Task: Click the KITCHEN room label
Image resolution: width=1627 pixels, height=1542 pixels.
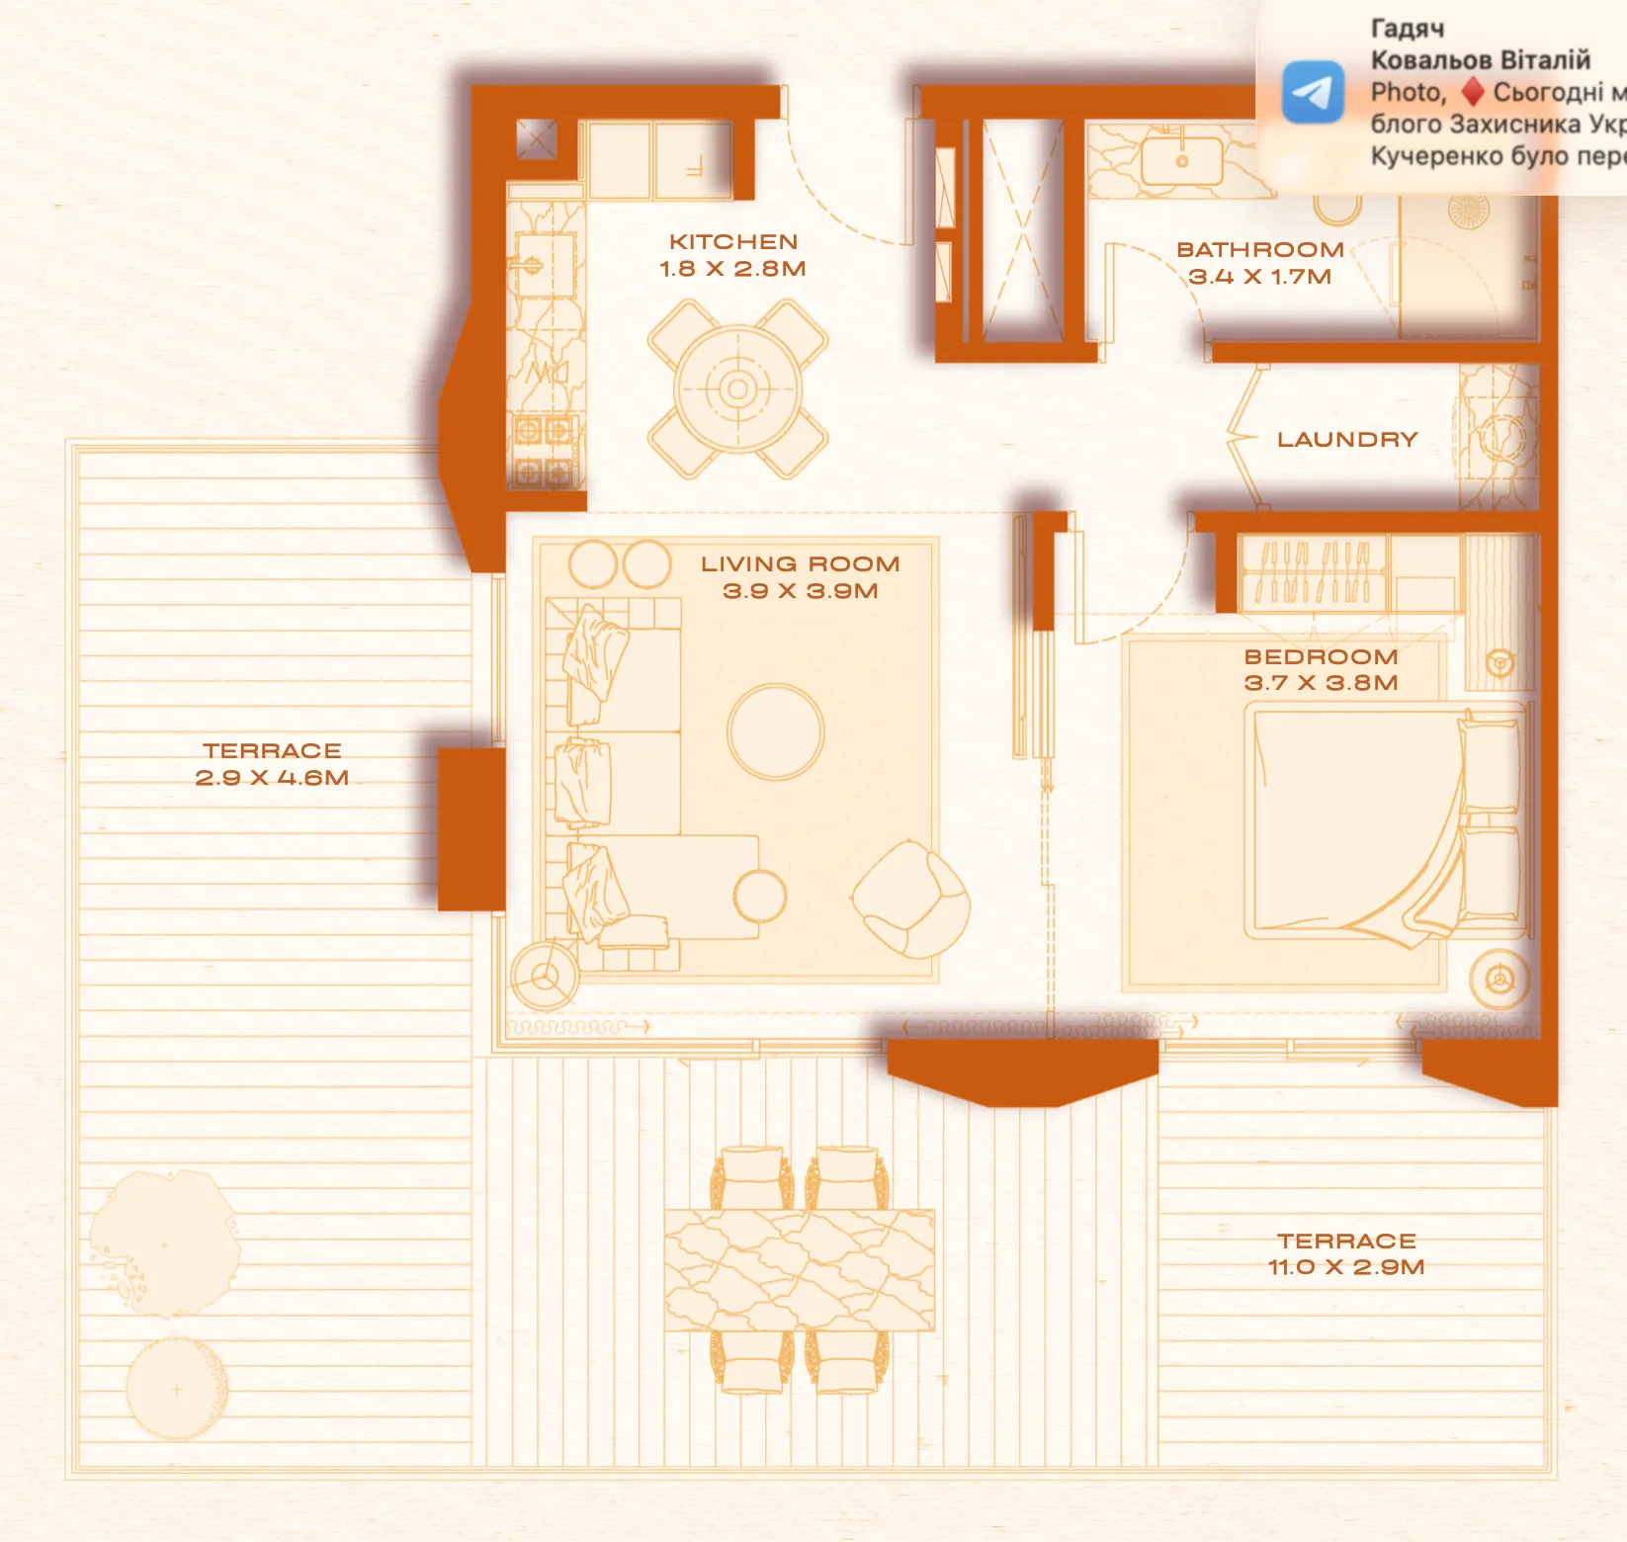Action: tap(733, 242)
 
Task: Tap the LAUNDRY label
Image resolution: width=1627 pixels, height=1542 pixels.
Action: tap(1347, 440)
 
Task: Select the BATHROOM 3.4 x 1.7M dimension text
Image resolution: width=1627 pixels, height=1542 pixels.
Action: tap(1260, 277)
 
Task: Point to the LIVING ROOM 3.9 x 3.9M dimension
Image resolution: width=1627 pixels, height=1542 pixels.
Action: tap(801, 591)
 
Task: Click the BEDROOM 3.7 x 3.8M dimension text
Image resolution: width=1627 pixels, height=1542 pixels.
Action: tap(1322, 683)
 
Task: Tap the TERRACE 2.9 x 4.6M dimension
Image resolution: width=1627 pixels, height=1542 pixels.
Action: tap(272, 778)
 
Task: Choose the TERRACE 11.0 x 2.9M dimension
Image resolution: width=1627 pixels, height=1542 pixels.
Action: tap(1346, 1267)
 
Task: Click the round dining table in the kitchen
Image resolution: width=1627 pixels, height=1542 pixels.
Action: tap(737, 389)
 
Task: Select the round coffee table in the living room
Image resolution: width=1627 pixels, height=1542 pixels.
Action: tap(776, 732)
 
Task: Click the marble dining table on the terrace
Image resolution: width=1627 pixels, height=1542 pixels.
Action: tap(799, 1270)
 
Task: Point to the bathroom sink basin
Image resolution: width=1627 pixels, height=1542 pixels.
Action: tap(1181, 161)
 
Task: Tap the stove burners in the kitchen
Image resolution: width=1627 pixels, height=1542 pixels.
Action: tap(543, 452)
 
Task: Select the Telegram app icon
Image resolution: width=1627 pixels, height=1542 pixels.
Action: tap(1313, 92)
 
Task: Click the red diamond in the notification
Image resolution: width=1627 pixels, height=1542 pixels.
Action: tap(1473, 92)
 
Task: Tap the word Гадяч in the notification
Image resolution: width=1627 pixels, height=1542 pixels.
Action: tap(1408, 29)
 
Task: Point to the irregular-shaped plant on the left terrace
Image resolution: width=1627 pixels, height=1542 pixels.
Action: tap(163, 1242)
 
